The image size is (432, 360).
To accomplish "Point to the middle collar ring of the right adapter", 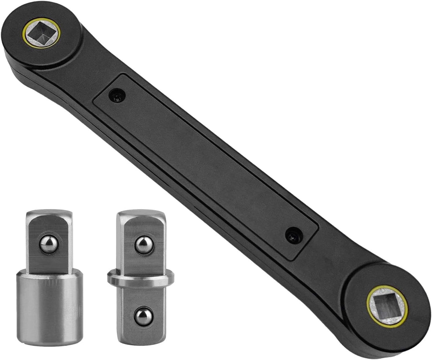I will coord(141,278).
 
